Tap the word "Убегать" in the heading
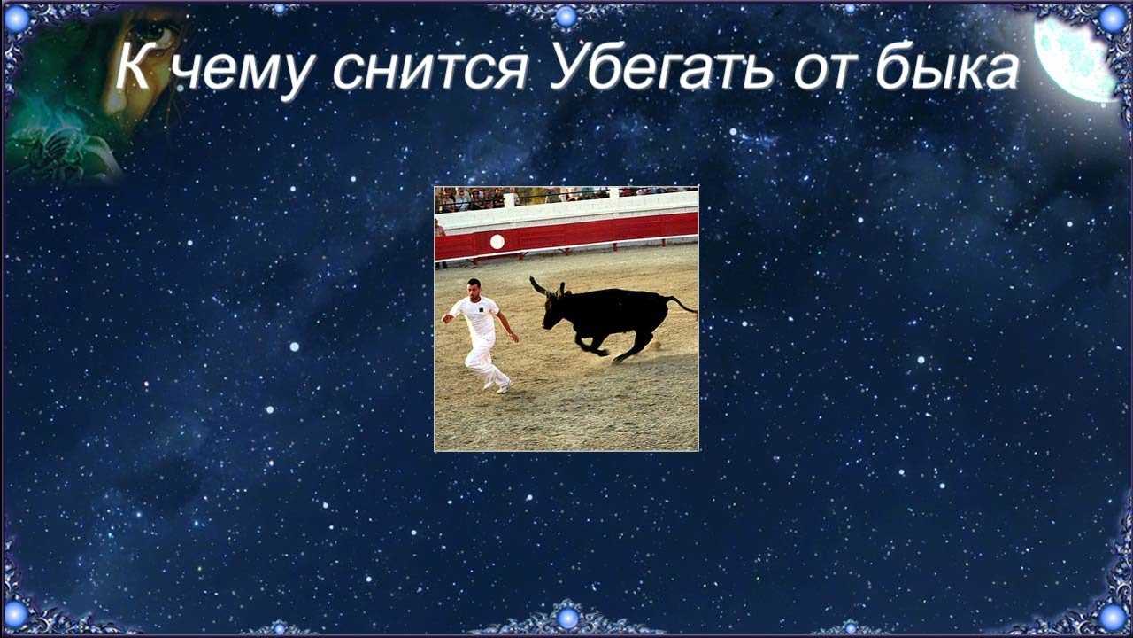coord(661,68)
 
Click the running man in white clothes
coord(481,335)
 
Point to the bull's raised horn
coord(537,285)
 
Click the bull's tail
coord(682,304)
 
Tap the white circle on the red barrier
coord(497,242)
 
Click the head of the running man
coord(474,289)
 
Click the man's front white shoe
coord(504,388)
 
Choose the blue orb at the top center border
coord(566,16)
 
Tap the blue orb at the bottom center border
coord(567,618)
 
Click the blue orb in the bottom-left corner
coord(16,614)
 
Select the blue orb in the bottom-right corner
coord(1114,616)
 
